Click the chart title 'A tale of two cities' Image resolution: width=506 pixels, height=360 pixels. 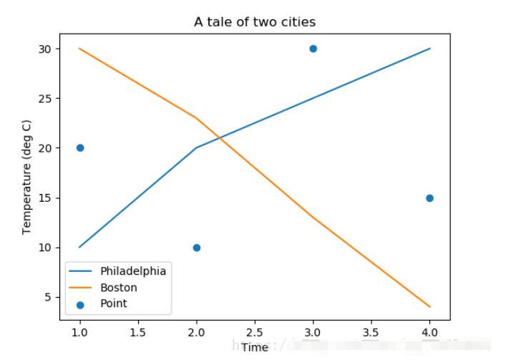(255, 22)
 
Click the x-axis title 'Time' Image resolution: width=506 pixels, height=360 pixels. (255, 348)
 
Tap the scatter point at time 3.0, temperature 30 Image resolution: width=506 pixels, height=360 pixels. (313, 49)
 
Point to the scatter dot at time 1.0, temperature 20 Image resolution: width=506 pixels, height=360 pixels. (80, 148)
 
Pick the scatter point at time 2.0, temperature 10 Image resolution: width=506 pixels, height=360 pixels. (197, 248)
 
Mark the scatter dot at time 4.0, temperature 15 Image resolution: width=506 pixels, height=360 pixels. (429, 198)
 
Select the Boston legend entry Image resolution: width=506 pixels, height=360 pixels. (119, 288)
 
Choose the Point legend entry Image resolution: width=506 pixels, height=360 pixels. (114, 303)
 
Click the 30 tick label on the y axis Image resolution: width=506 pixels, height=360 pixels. (45, 49)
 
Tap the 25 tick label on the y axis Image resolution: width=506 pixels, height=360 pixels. (45, 99)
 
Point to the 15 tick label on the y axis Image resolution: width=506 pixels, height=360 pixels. (45, 198)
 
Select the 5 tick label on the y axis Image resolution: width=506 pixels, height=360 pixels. (48, 297)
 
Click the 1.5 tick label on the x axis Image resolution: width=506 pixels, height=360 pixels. (138, 332)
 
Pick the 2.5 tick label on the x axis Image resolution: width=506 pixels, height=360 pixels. (255, 332)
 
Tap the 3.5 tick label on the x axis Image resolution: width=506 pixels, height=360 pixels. (371, 332)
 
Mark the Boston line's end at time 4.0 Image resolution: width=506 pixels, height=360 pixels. (429, 307)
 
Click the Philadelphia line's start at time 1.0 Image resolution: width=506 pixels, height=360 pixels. (80, 248)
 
